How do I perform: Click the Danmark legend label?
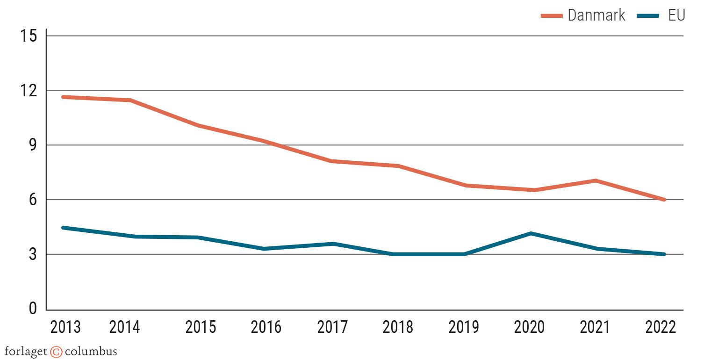coord(596,15)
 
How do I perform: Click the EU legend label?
coord(676,15)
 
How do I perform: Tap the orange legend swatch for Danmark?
coord(551,15)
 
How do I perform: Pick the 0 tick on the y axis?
coord(33,309)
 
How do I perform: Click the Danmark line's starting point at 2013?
coord(63,97)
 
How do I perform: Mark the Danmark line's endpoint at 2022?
coord(663,200)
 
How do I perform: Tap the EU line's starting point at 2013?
coord(63,228)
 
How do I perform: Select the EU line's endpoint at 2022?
coord(663,254)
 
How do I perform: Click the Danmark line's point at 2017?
coord(331,161)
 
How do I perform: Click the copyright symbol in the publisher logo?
coord(56,352)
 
